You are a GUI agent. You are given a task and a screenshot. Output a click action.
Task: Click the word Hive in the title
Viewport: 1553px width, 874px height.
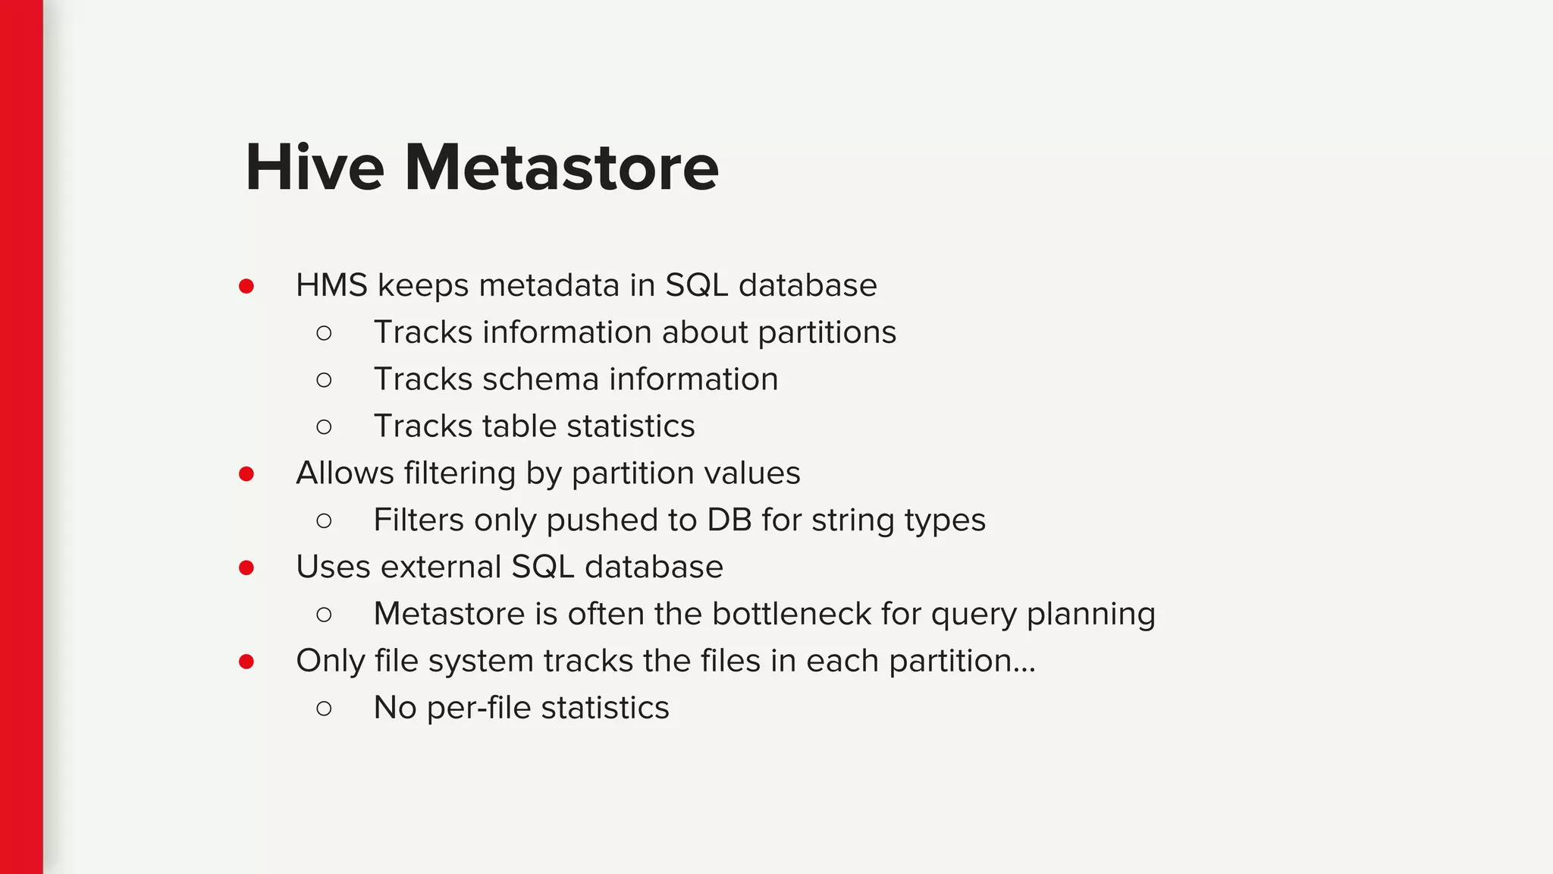pos(315,168)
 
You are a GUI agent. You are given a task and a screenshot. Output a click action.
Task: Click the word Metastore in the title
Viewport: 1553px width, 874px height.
pos(561,168)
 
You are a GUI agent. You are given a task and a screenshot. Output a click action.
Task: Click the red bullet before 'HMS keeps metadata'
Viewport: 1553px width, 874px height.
pos(246,286)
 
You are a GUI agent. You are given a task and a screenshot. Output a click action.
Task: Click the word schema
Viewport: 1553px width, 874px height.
pos(540,379)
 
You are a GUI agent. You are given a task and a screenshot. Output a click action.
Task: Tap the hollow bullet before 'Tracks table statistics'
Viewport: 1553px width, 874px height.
pos(324,427)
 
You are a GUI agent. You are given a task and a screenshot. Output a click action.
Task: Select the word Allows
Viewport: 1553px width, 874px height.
pos(345,473)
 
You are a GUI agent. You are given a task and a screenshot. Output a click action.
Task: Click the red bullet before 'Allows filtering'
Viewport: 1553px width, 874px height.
pos(246,474)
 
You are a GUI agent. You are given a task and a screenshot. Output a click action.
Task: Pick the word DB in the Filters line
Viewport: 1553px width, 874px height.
pos(729,520)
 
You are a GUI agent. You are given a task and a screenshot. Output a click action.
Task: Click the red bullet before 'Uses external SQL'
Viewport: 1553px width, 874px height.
pos(246,568)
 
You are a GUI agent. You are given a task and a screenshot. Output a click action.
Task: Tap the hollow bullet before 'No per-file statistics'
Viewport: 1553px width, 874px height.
pos(324,709)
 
